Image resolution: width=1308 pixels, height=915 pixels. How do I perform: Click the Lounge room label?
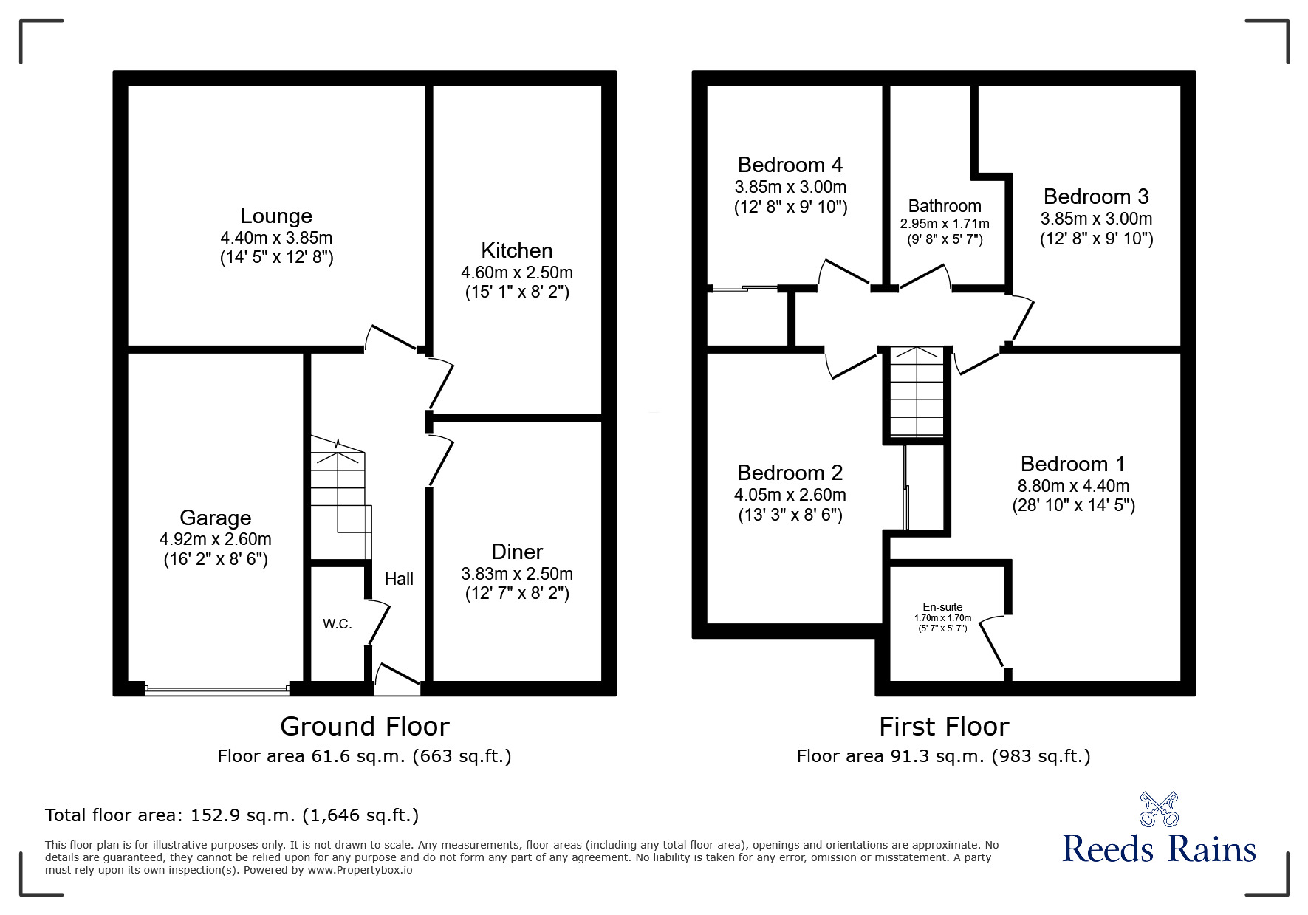click(276, 216)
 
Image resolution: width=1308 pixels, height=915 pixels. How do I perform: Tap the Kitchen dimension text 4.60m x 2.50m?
click(516, 273)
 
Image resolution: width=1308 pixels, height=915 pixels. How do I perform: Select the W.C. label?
click(337, 624)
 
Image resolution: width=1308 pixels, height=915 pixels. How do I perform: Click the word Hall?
click(399, 579)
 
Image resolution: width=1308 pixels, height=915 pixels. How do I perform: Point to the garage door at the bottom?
click(217, 690)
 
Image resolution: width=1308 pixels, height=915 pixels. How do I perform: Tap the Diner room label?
click(516, 552)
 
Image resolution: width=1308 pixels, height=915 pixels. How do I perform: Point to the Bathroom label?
click(945, 206)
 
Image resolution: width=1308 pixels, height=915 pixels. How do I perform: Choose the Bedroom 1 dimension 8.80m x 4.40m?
click(1072, 486)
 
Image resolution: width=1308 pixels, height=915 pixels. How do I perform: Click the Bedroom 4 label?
click(790, 164)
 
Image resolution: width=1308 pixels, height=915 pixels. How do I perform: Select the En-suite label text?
click(942, 607)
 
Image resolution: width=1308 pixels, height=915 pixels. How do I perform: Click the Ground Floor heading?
click(364, 727)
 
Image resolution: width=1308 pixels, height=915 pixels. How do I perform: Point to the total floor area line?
click(232, 815)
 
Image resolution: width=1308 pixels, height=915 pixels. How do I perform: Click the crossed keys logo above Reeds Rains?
click(1158, 809)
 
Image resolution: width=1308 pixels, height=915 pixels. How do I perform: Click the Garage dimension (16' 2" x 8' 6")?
click(215, 559)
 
